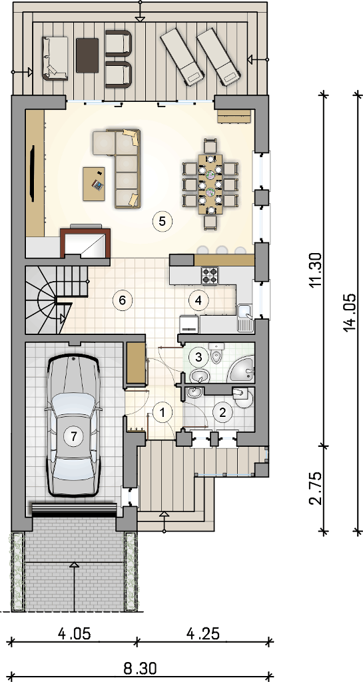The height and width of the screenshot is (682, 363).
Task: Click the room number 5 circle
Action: pyautogui.click(x=162, y=221)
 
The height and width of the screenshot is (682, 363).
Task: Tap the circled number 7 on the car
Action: pyautogui.click(x=73, y=436)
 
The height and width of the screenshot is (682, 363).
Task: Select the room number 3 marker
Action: pyautogui.click(x=199, y=358)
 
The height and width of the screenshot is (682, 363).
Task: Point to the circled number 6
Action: pyautogui.click(x=122, y=300)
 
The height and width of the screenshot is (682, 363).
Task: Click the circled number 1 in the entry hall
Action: pyautogui.click(x=162, y=412)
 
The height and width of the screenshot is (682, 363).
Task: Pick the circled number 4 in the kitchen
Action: pyautogui.click(x=198, y=300)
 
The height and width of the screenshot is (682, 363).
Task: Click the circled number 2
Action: pyautogui.click(x=223, y=412)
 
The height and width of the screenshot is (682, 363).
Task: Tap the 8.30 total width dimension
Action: pyautogui.click(x=139, y=667)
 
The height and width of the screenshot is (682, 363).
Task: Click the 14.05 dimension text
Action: pyautogui.click(x=351, y=313)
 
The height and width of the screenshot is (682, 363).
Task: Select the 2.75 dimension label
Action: pyautogui.click(x=317, y=487)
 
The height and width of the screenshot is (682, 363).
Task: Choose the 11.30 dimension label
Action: pyautogui.click(x=317, y=270)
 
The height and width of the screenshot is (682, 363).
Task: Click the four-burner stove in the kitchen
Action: pyautogui.click(x=209, y=275)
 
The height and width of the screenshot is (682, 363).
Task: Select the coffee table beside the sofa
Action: pyautogui.click(x=95, y=184)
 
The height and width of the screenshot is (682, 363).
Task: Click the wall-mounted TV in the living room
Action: pyautogui.click(x=33, y=174)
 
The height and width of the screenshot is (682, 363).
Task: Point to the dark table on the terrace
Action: pyautogui.click(x=87, y=55)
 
